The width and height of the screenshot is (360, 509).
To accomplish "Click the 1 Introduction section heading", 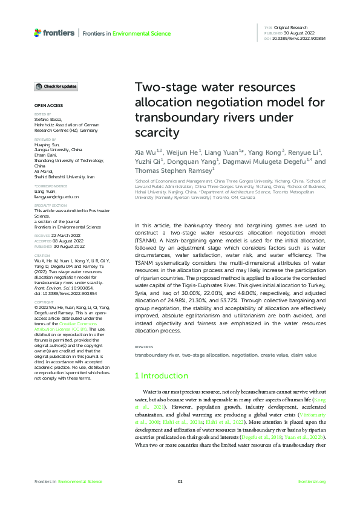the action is point(161,375).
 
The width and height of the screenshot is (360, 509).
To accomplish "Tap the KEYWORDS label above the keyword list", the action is point(144,346).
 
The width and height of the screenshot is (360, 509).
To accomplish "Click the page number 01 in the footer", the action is point(180,481).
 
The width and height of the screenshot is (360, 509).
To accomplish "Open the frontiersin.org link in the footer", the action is point(312,481).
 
